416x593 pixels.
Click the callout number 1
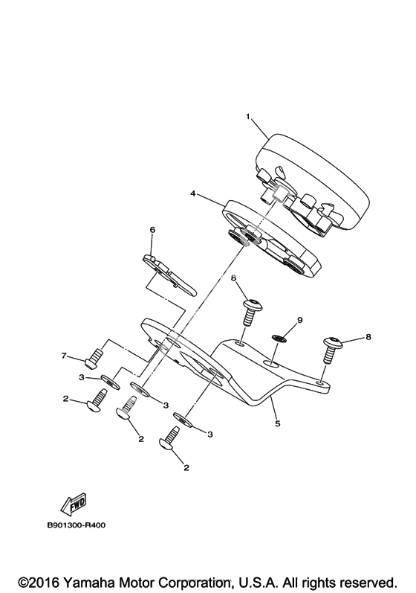248,117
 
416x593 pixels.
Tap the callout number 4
193,193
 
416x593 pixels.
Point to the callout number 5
278,423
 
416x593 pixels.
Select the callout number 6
152,230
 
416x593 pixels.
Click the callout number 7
64,355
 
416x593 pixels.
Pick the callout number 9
299,320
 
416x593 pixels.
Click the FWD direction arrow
74,505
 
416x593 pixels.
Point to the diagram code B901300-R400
77,525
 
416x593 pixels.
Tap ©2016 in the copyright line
39,582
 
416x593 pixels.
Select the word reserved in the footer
368,582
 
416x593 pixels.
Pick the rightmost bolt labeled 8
332,350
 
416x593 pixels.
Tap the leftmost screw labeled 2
97,400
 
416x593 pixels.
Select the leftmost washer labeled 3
110,382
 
